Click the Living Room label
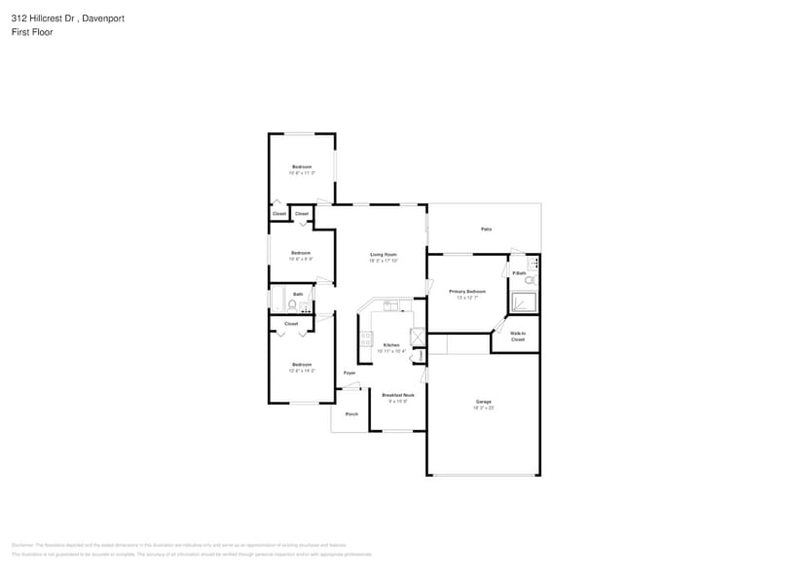(383, 254)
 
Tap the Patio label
(486, 229)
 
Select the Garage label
(483, 401)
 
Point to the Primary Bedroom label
(467, 291)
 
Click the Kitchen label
(390, 345)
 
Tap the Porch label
(351, 413)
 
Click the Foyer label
(349, 373)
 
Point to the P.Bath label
(519, 273)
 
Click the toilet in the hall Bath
(292, 304)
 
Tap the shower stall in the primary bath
(524, 303)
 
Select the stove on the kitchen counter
(366, 339)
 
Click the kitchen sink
(389, 305)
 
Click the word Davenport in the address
(103, 18)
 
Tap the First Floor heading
(32, 32)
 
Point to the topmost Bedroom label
(302, 166)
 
